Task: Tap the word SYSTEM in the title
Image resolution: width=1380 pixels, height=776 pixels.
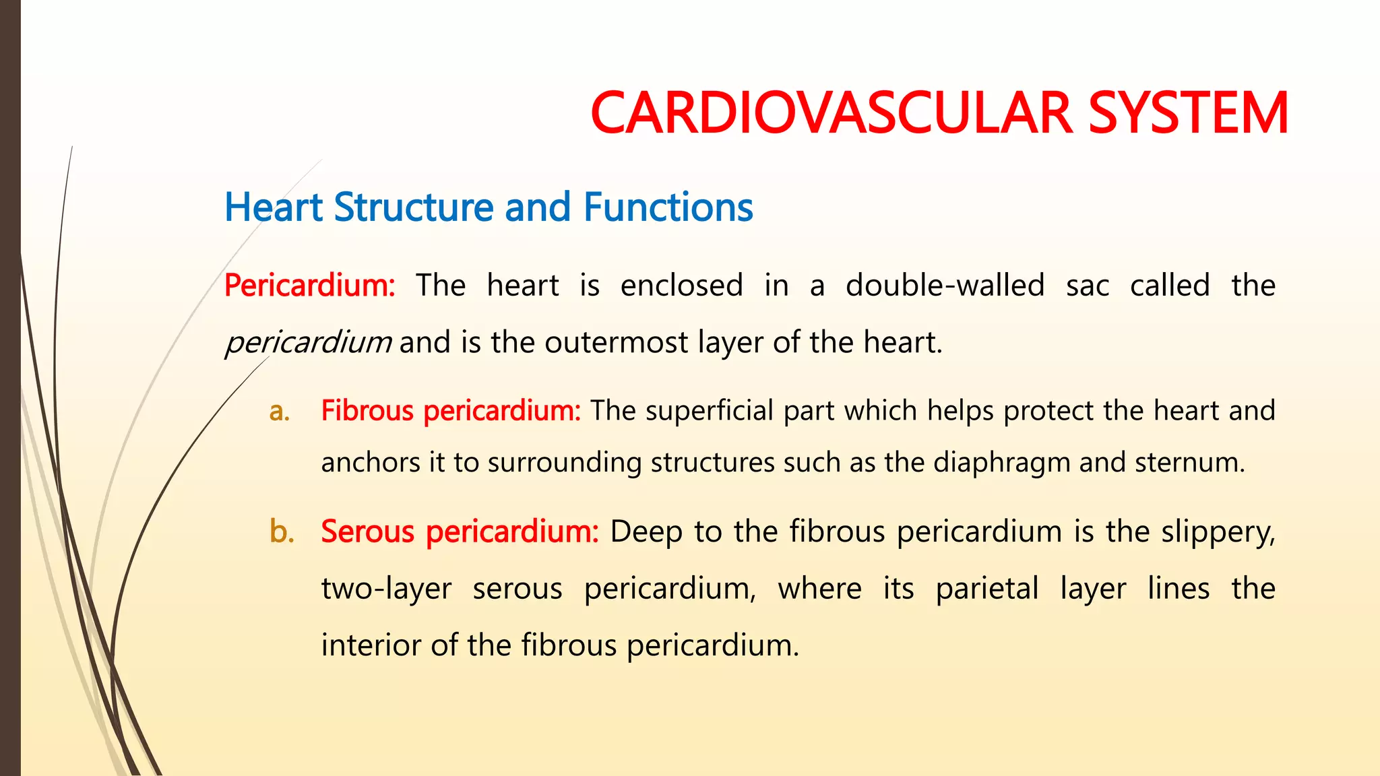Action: click(1189, 113)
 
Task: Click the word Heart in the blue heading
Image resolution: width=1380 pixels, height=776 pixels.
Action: click(274, 207)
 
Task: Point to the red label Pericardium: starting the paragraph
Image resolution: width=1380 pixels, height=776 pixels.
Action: click(309, 286)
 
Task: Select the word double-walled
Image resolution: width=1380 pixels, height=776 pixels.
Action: click(945, 286)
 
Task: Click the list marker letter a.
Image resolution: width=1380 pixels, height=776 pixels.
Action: click(279, 411)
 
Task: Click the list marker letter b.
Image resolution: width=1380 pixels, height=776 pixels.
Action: click(281, 532)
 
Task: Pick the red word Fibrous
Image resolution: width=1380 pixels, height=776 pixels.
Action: click(367, 411)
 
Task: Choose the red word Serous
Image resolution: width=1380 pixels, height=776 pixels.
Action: click(367, 532)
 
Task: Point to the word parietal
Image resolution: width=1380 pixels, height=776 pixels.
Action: click(987, 589)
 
